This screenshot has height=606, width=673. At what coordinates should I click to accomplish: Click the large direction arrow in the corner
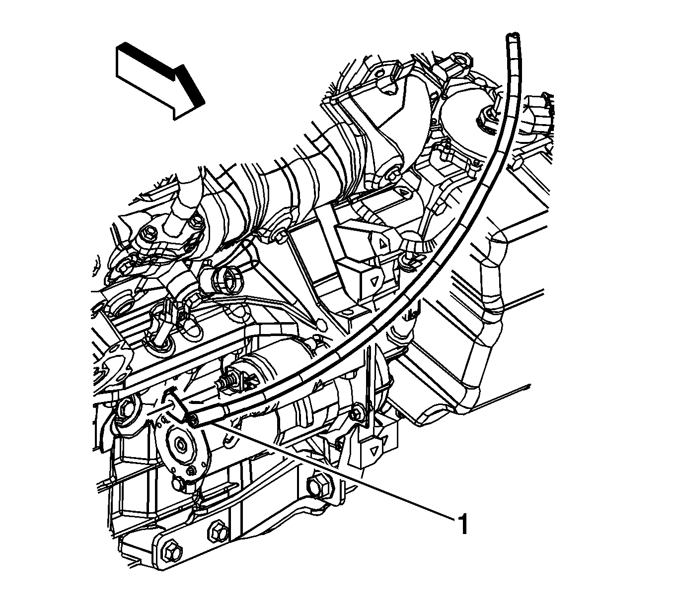160,80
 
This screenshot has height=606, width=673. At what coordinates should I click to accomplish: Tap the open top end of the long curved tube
513,35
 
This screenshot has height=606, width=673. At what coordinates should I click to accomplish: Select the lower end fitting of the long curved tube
195,420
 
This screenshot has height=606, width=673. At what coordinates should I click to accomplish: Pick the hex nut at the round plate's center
181,445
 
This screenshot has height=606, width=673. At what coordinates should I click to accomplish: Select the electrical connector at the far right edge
538,116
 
